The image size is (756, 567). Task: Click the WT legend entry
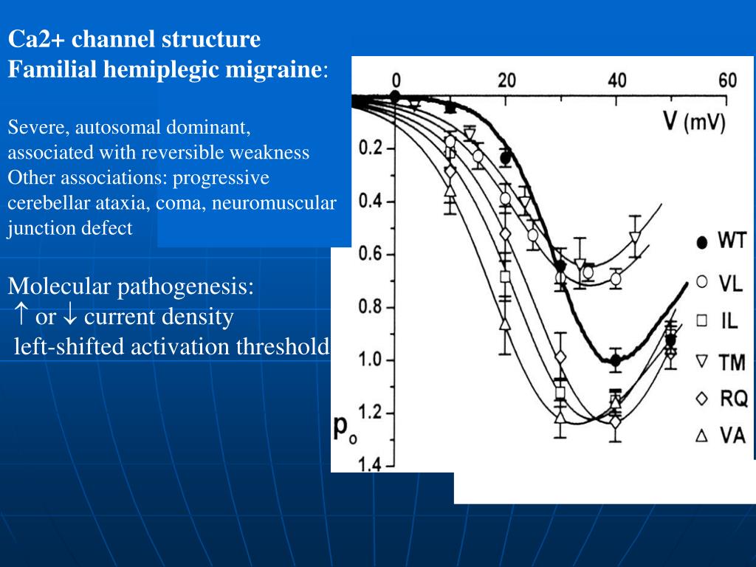pyautogui.click(x=721, y=242)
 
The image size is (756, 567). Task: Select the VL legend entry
pyautogui.click(x=721, y=283)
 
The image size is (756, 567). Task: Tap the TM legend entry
pyautogui.click(x=721, y=361)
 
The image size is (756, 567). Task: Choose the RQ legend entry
pyautogui.click(x=721, y=399)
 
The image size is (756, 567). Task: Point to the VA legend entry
pyautogui.click(x=721, y=437)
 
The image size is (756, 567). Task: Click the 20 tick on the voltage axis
pyautogui.click(x=506, y=80)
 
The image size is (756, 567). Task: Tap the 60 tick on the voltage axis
pyautogui.click(x=727, y=80)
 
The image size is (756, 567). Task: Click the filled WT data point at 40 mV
pyautogui.click(x=615, y=360)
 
